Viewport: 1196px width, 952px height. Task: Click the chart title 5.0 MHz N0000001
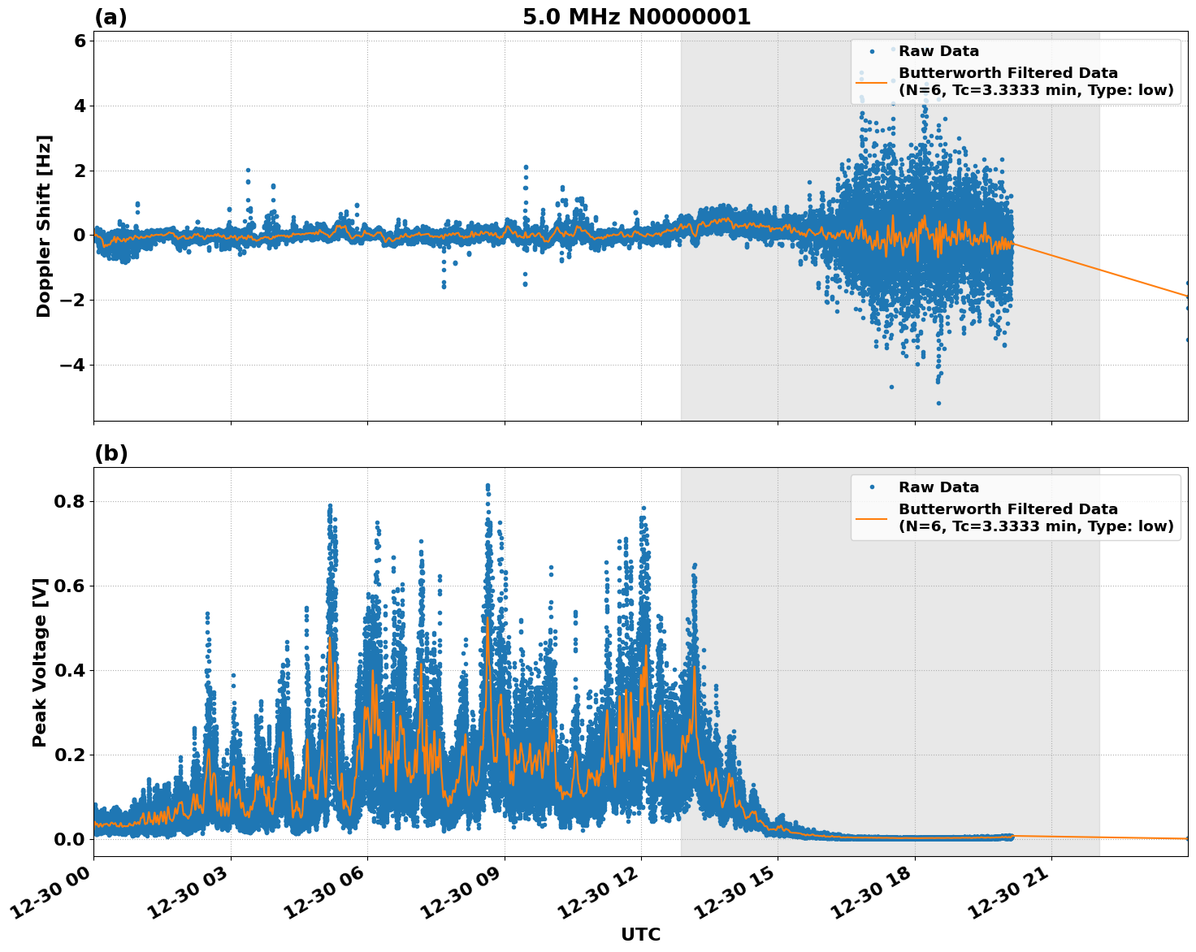coord(636,17)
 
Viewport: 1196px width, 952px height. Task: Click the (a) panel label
coord(110,17)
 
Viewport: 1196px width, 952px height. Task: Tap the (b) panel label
coord(110,453)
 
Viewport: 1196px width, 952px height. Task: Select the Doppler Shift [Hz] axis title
coord(44,226)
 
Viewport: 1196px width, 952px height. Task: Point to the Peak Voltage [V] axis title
coord(40,662)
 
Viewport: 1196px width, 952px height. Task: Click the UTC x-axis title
coord(640,934)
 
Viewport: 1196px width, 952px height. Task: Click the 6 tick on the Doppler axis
coord(80,41)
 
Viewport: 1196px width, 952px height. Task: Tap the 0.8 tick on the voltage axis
coord(70,501)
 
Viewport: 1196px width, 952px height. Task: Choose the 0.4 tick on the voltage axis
coord(70,670)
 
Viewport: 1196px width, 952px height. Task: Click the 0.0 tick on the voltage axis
coord(70,838)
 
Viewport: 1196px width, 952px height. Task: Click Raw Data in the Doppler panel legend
coord(938,51)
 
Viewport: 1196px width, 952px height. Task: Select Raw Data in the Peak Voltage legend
coord(938,487)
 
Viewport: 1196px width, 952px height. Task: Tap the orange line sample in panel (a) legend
coord(871,82)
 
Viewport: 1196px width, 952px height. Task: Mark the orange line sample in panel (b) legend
coord(871,518)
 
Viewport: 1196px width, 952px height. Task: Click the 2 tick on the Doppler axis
coord(80,171)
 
